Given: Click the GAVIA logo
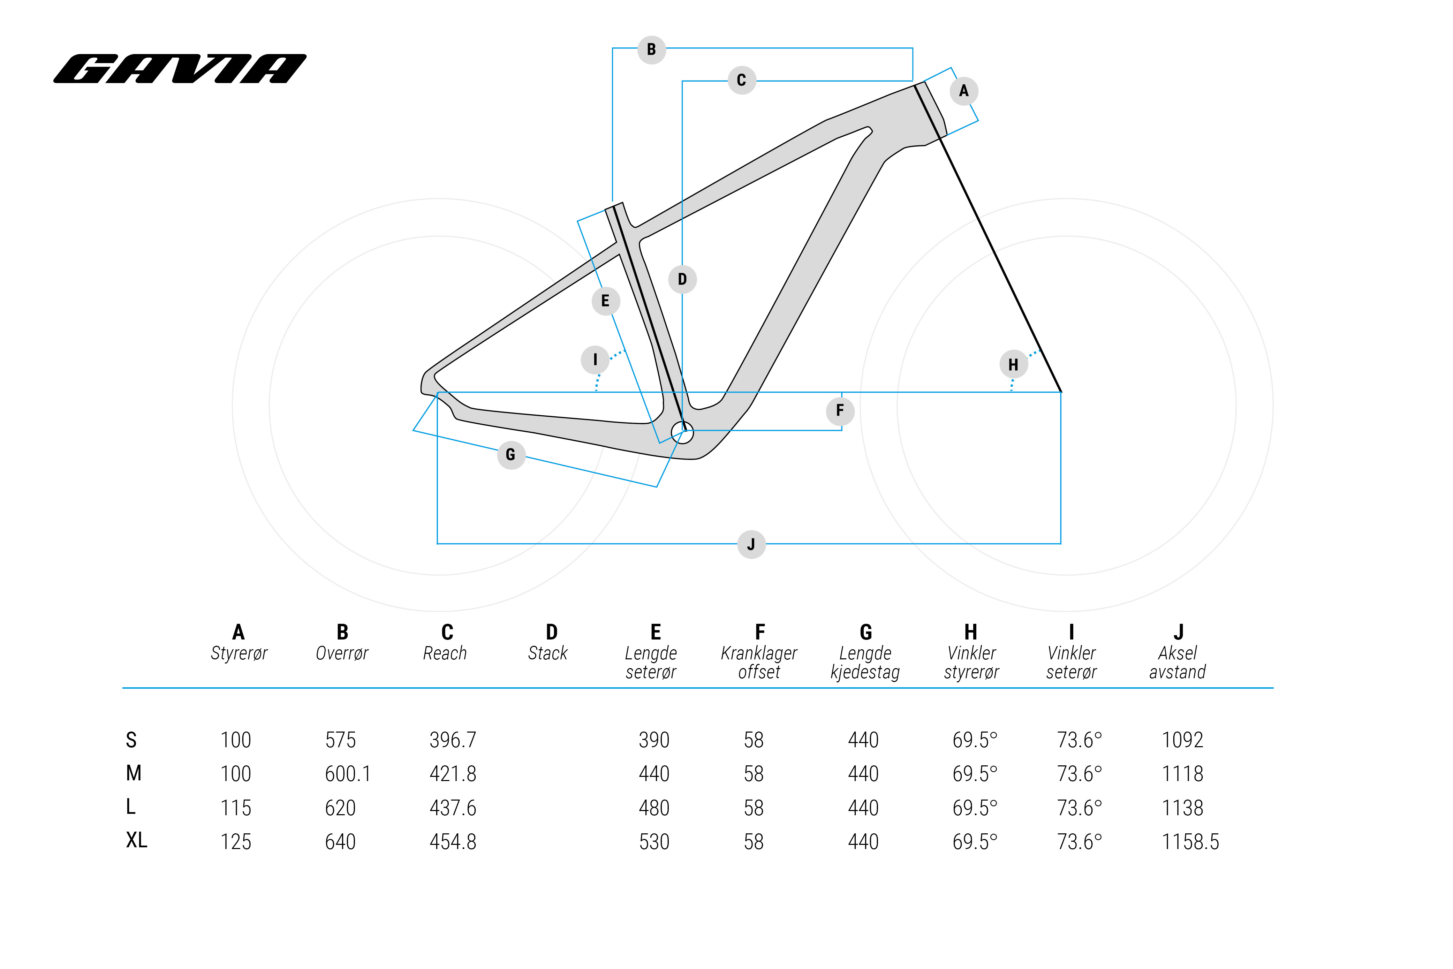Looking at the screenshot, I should click(x=180, y=69).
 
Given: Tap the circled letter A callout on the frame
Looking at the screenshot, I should click(x=963, y=91).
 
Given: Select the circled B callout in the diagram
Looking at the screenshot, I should click(x=651, y=50).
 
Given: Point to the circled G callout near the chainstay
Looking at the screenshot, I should click(x=510, y=455).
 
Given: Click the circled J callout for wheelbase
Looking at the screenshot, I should click(x=751, y=544).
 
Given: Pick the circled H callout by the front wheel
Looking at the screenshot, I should click(x=1013, y=365).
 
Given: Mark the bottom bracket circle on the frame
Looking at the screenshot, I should click(x=682, y=433).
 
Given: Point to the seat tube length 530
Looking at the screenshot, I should click(x=654, y=842).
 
